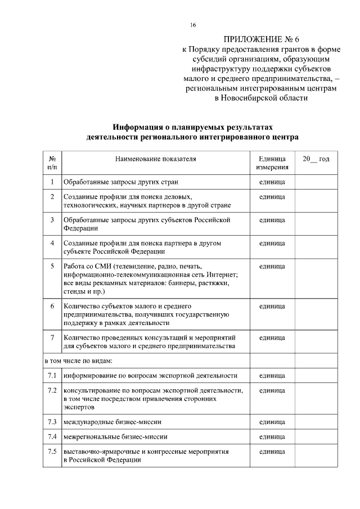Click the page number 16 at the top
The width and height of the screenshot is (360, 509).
pos(193,25)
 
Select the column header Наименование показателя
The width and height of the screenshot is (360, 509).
pos(156,159)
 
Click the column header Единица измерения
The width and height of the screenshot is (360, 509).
pos(272,163)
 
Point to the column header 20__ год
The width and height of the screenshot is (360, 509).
pos(316,159)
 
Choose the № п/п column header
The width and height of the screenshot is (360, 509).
pos(52,163)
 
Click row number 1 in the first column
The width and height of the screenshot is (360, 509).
pos(52,182)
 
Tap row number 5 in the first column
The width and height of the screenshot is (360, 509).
pos(52,265)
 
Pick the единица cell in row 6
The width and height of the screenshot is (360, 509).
pos(272,307)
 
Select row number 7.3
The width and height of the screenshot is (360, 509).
pos(52,421)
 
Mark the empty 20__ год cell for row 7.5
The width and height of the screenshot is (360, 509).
pos(316,456)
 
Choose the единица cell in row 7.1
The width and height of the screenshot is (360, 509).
pos(272,375)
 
